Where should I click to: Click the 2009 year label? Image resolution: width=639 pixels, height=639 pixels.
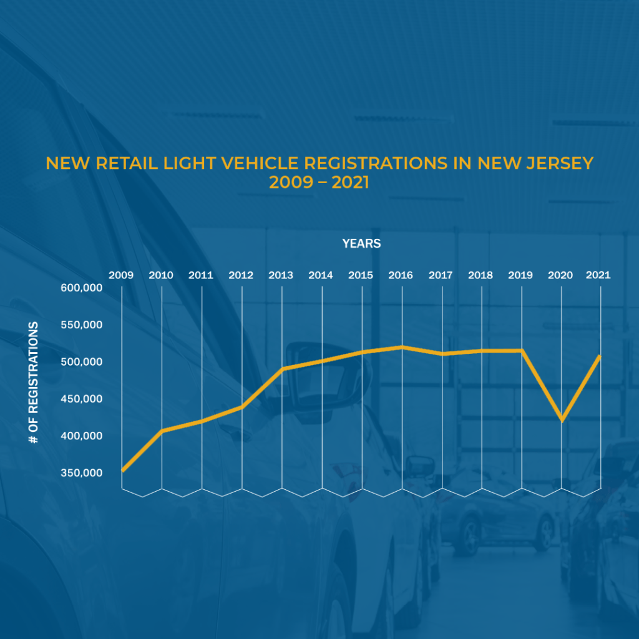point(121,275)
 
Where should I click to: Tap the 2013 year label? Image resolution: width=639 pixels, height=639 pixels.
point(281,275)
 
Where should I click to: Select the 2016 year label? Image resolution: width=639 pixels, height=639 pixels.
point(401,275)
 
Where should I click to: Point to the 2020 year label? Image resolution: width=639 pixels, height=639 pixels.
point(560,275)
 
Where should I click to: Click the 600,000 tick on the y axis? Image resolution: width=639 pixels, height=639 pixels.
point(82,288)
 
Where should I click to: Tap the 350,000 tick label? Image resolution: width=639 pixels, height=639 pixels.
point(82,472)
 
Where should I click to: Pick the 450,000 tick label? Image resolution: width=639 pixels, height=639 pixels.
point(82,399)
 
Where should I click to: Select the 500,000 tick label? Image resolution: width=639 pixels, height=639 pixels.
point(82,362)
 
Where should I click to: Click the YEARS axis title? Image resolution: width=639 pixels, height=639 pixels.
point(361,244)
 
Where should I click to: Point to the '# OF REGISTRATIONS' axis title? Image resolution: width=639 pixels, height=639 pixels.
point(34,383)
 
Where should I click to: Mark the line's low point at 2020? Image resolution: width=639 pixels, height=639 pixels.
point(562,419)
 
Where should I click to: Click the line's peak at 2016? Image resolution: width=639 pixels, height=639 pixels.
point(402,347)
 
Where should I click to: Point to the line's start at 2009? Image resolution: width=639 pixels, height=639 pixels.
point(122,470)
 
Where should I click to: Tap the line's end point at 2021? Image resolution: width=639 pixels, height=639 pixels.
point(600,356)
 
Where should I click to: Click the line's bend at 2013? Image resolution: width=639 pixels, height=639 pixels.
point(282,369)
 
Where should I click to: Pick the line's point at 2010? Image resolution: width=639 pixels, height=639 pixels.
point(162,431)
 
